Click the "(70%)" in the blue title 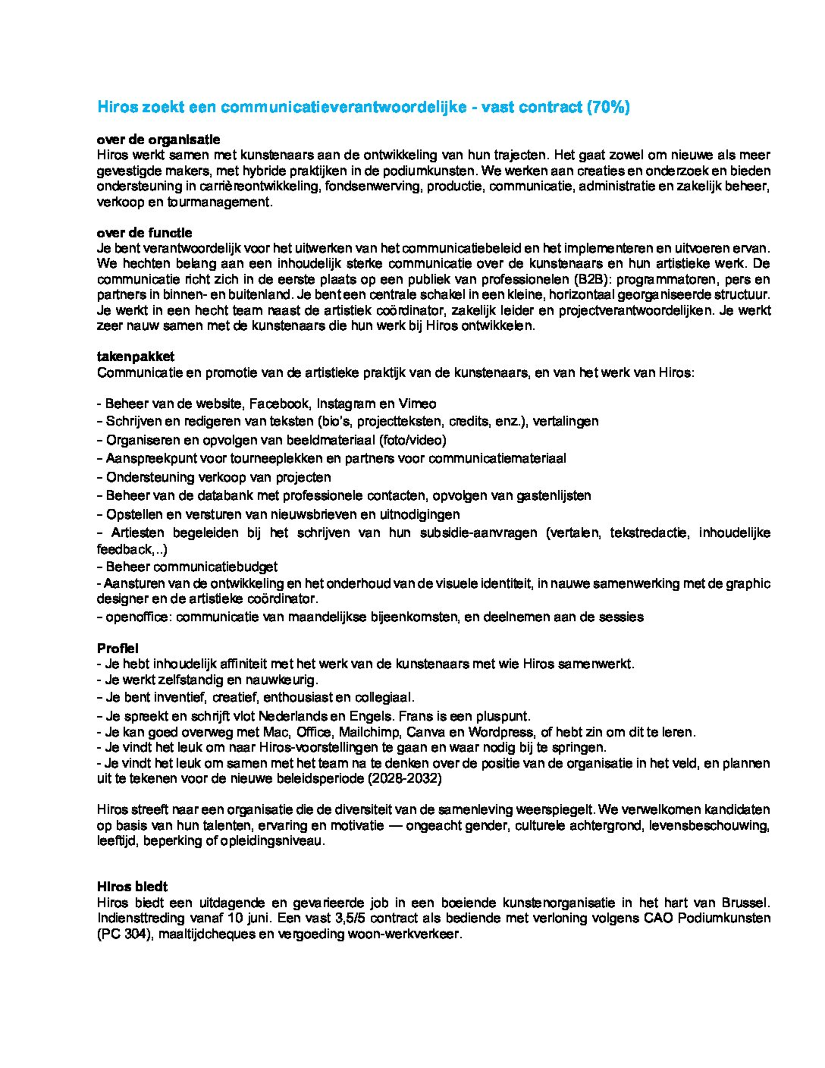[x=607, y=107]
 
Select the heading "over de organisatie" [x=158, y=139]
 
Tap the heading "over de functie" [x=145, y=233]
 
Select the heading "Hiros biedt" [x=132, y=886]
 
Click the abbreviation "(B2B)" [x=590, y=280]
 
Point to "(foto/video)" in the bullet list [x=412, y=440]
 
